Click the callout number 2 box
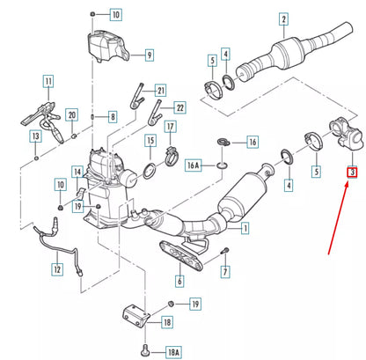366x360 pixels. [x=283, y=18]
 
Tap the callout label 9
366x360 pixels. [x=149, y=55]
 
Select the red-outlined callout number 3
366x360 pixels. [x=351, y=173]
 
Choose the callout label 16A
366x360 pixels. [x=196, y=163]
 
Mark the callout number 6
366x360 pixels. [x=179, y=283]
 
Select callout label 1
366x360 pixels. [x=244, y=228]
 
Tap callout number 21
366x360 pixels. [x=160, y=91]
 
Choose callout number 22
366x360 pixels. [x=180, y=107]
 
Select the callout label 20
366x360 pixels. [x=73, y=114]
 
